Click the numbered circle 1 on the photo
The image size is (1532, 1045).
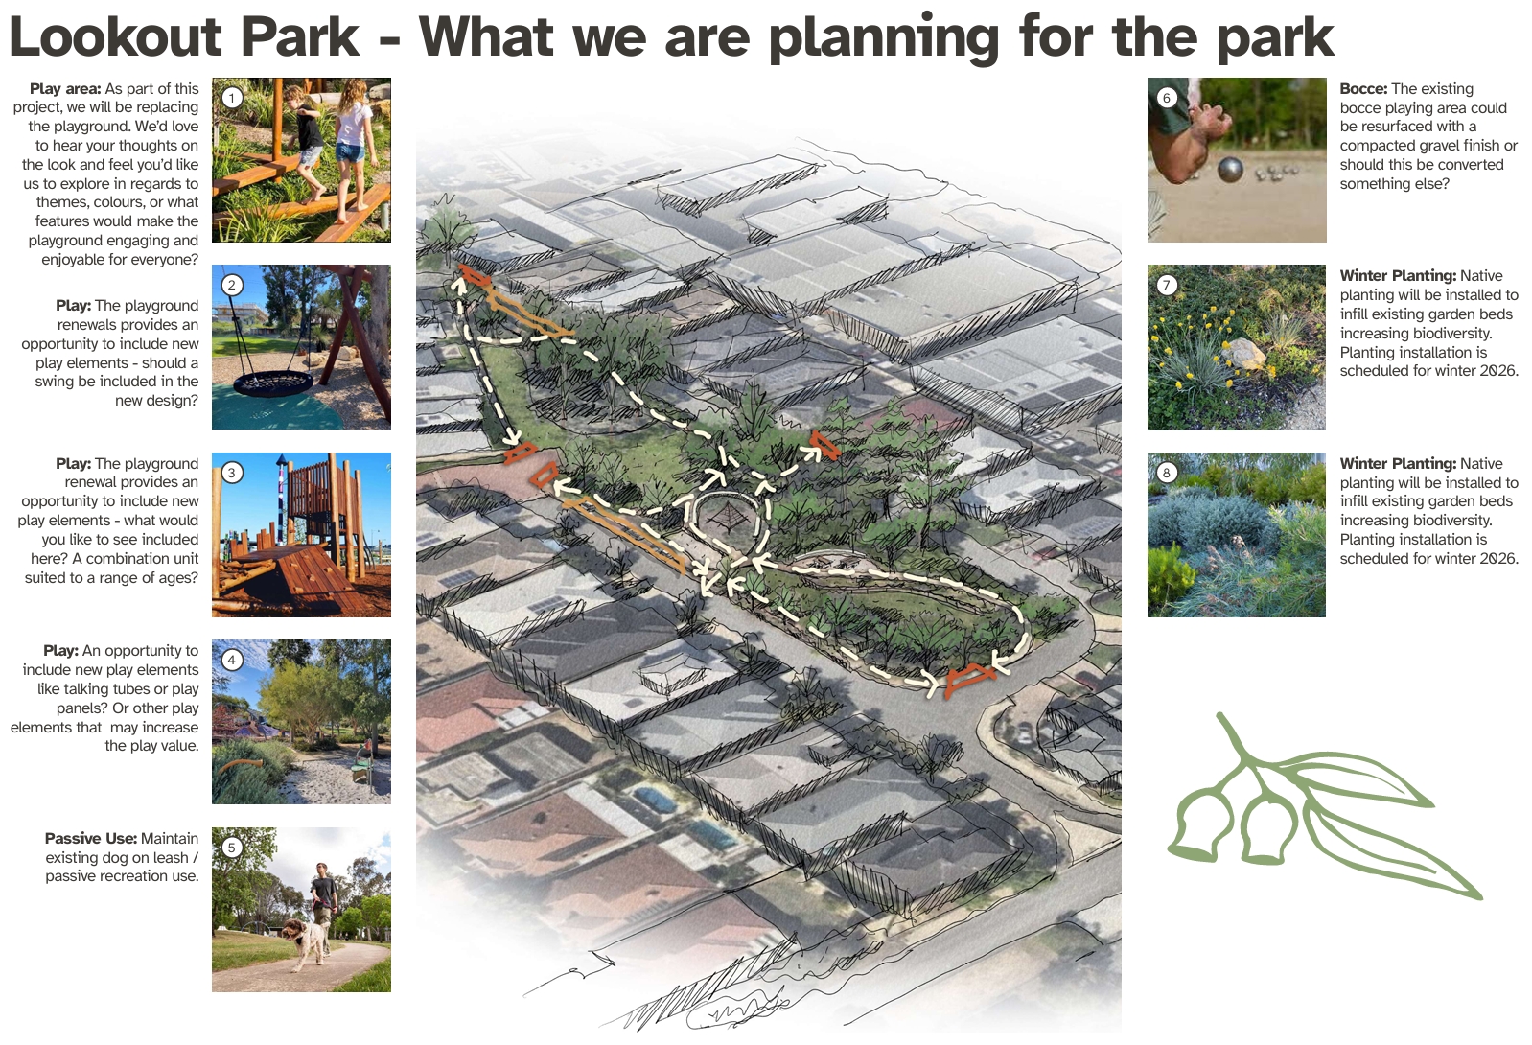tap(232, 98)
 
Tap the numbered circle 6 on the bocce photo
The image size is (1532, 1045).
tap(1167, 98)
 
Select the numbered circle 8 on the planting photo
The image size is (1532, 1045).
tap(1167, 473)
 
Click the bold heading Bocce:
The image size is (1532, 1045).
tap(1363, 89)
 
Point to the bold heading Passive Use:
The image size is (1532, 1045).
tap(91, 839)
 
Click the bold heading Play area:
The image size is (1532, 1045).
tap(65, 89)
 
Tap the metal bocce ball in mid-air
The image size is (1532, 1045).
tap(1230, 169)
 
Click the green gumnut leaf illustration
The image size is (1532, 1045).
tap(1323, 807)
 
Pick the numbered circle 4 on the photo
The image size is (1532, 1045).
tap(232, 660)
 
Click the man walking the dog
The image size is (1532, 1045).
tap(324, 903)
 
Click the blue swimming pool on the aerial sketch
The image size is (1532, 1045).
tap(655, 799)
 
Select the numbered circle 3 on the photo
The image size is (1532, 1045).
tap(232, 473)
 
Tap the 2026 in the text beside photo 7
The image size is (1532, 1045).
tap(1497, 371)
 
